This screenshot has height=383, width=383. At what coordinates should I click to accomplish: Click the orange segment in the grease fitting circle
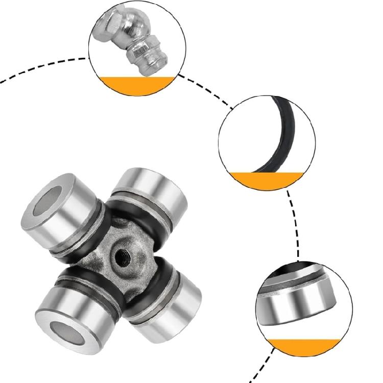[x=136, y=85]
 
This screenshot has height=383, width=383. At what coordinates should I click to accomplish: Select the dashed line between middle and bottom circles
[x=295, y=225]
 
